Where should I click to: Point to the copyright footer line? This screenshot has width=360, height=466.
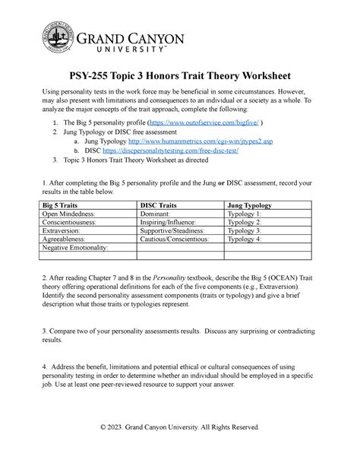click(180, 448)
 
